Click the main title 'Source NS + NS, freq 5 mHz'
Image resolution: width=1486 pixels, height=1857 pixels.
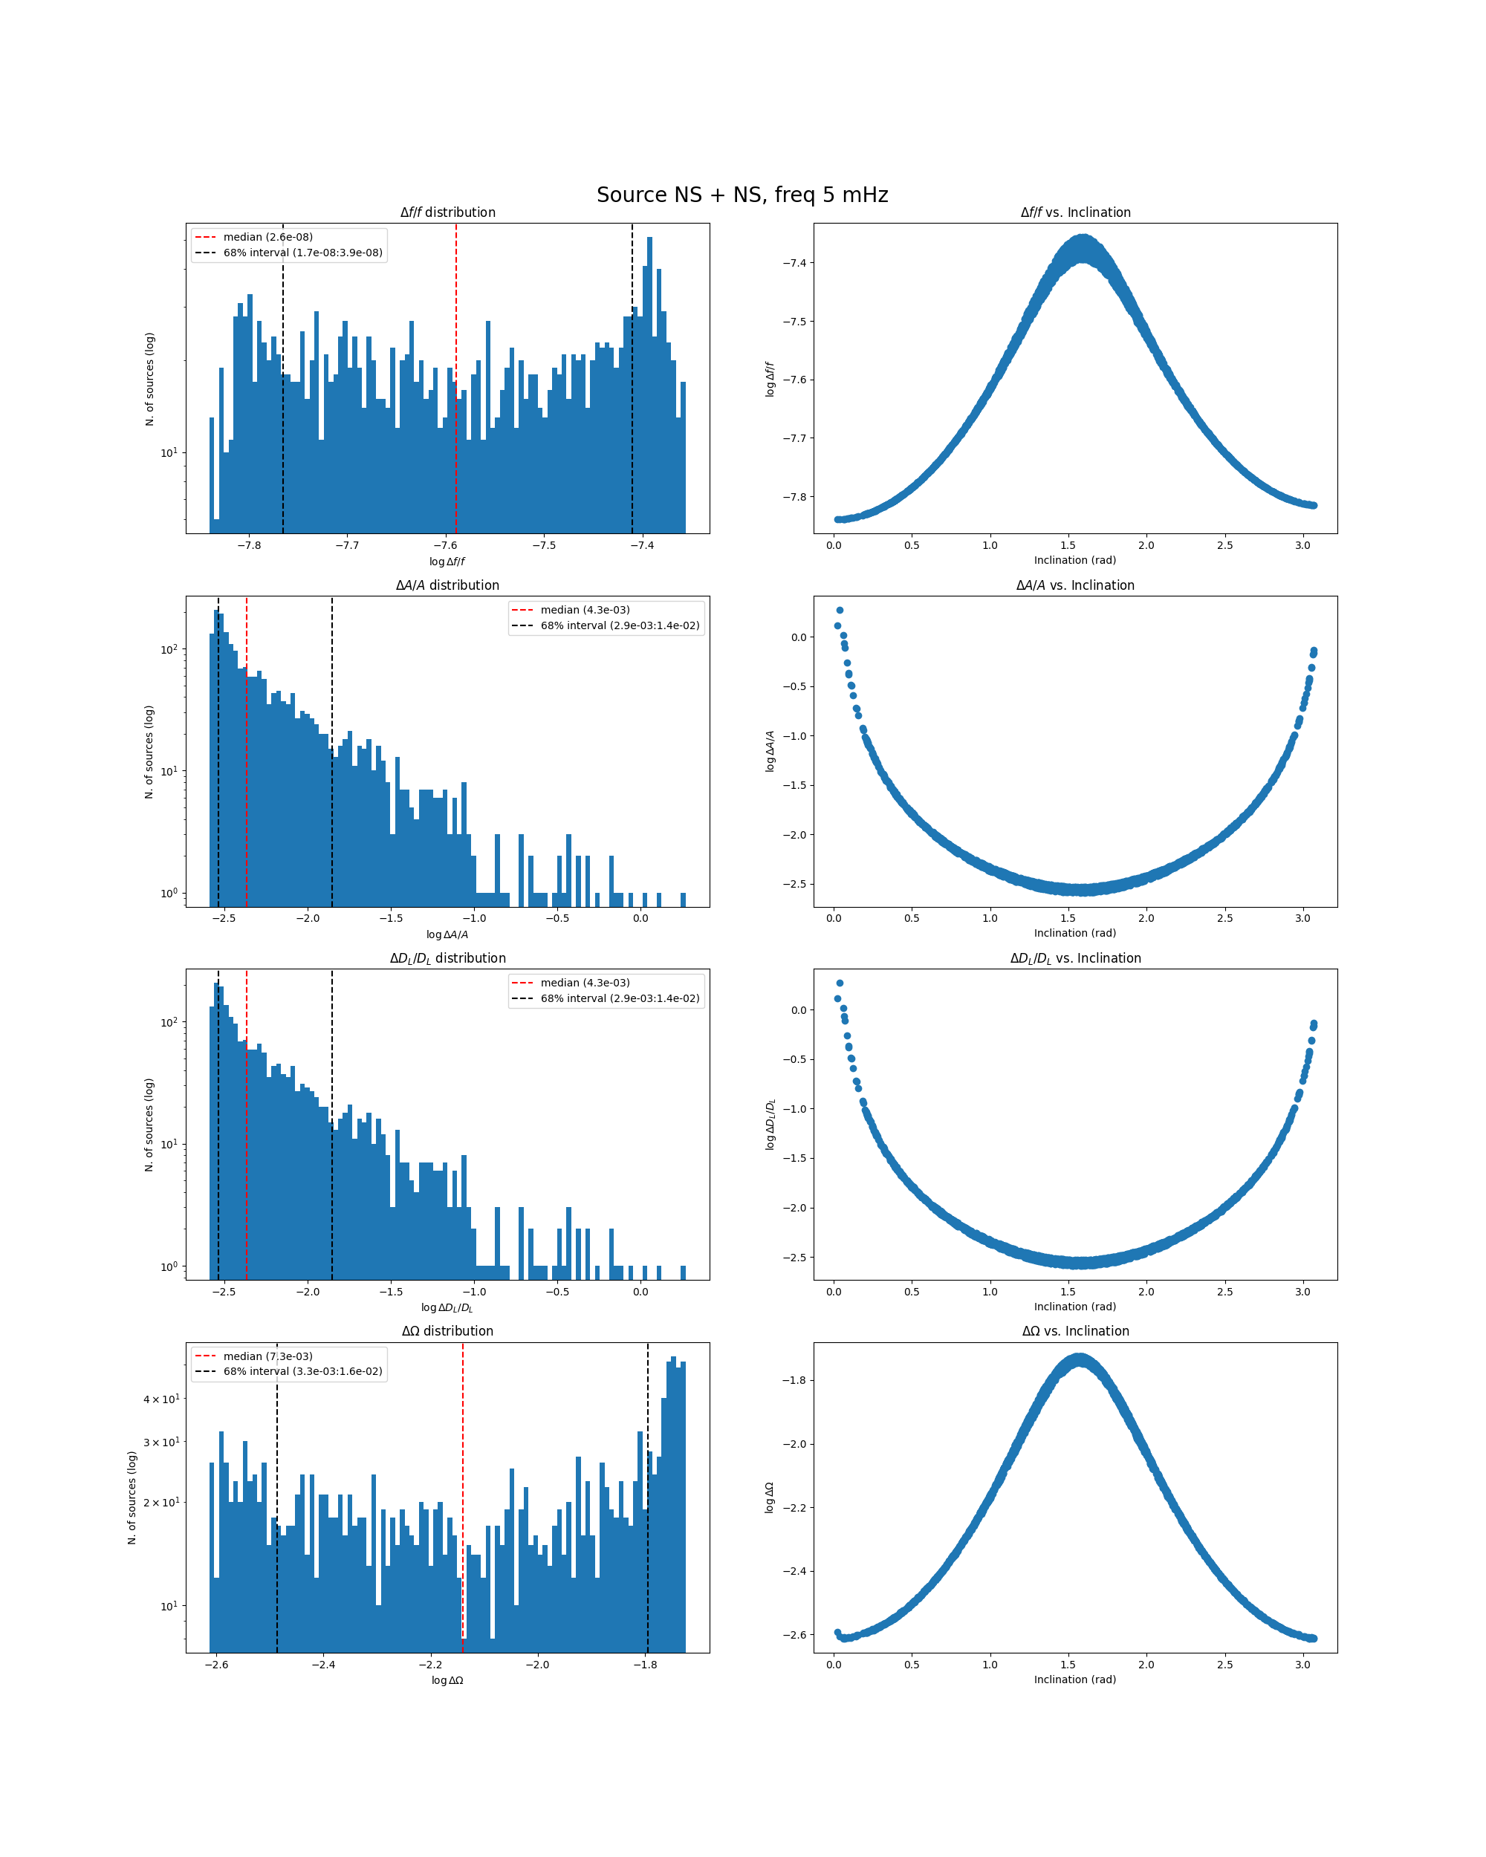point(742,195)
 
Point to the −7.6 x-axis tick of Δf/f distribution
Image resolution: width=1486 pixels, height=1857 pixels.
point(444,545)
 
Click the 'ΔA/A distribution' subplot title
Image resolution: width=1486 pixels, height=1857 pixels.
point(447,585)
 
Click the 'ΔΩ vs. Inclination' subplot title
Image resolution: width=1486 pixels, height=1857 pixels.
point(1075,1331)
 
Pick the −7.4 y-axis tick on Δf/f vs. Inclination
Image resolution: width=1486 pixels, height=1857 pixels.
point(794,263)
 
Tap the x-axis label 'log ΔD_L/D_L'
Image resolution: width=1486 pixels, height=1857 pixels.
point(447,1307)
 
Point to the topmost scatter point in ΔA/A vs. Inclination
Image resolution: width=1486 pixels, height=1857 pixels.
point(840,610)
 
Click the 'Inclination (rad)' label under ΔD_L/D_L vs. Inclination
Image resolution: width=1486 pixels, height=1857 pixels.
point(1075,1307)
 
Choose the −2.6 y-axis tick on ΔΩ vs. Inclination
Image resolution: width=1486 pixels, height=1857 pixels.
point(794,1634)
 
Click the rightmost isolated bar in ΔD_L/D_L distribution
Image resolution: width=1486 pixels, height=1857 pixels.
point(683,1272)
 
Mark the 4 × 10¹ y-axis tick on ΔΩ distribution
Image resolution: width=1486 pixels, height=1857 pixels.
point(161,1399)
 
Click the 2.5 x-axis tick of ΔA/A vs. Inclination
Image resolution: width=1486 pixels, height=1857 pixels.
point(1224,918)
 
